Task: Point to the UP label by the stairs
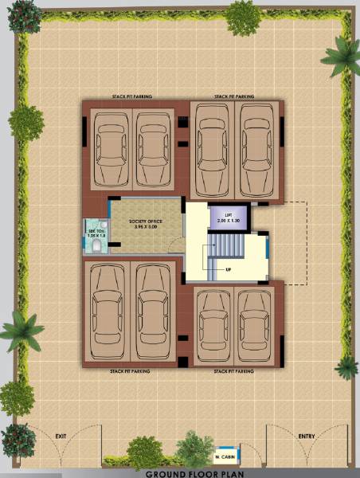coord(229,268)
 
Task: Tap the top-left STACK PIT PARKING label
coord(132,96)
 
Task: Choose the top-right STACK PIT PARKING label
coord(234,96)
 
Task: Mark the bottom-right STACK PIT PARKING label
coord(234,370)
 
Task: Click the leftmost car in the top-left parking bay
coord(111,147)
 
